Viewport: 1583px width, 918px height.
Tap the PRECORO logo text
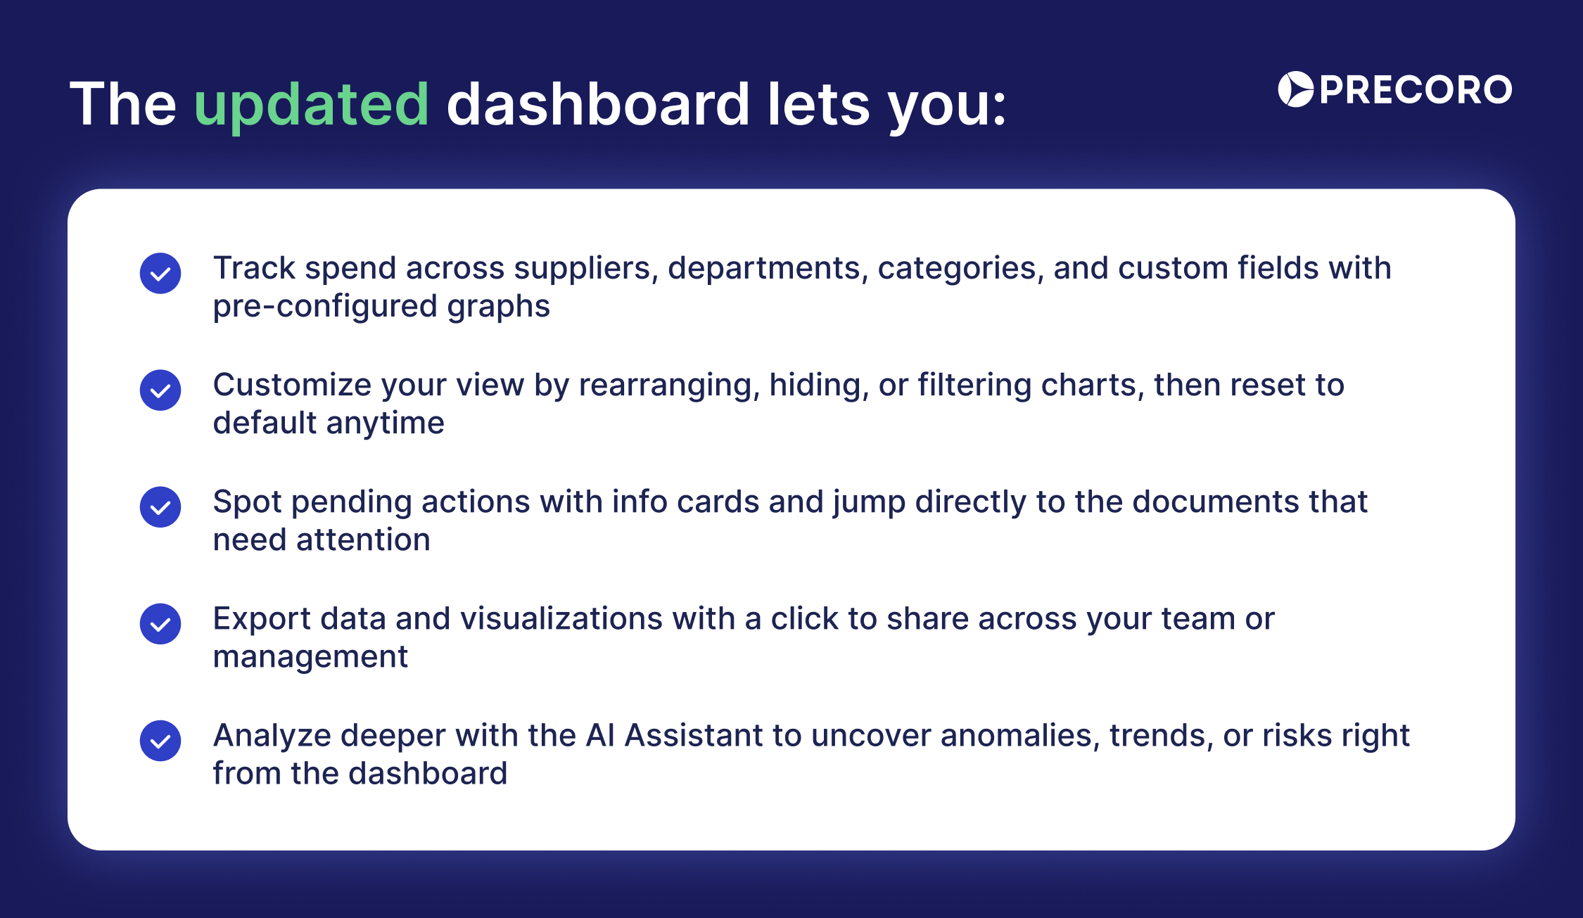point(1416,90)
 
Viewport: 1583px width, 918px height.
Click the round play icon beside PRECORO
point(1295,89)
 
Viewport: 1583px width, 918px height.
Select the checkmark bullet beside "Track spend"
point(160,273)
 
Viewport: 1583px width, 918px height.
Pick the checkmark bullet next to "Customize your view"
point(160,390)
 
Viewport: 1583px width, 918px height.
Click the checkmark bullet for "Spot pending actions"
point(160,506)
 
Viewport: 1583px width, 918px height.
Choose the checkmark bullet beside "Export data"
point(160,623)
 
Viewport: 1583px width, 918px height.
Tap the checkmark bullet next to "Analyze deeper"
point(160,740)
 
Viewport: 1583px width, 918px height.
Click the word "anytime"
point(385,423)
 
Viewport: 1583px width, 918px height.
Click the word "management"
point(310,658)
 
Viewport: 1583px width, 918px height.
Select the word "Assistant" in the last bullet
point(694,736)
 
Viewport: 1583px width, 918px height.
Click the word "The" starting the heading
point(123,104)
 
